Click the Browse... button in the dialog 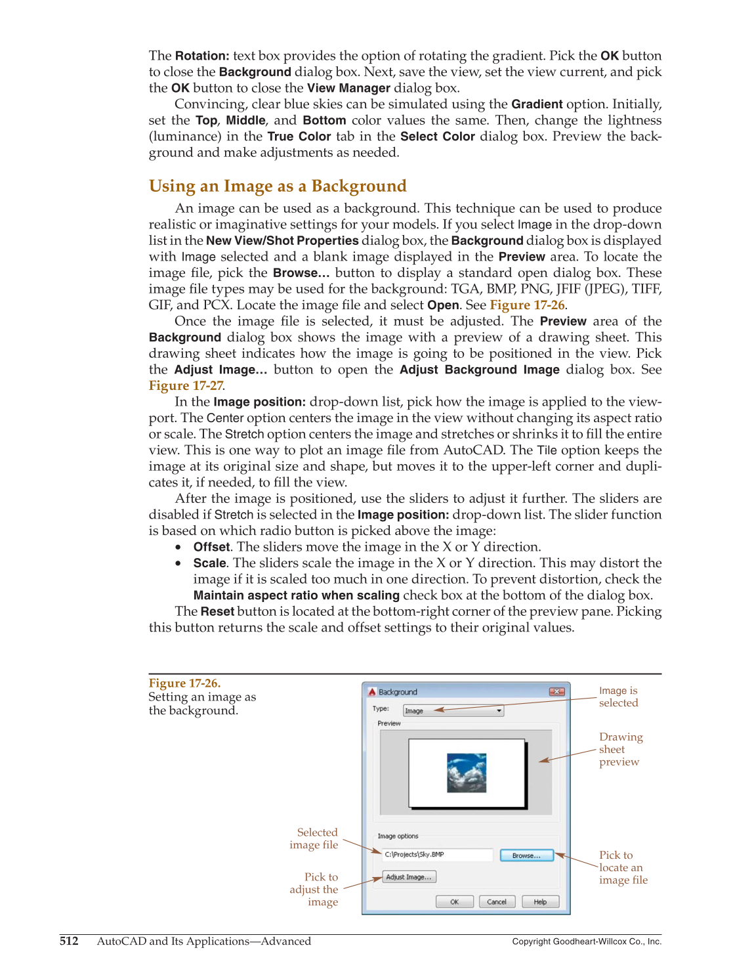click(x=526, y=855)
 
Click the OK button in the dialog click(x=454, y=901)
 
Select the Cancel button click(x=497, y=901)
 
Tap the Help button click(x=540, y=901)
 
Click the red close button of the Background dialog click(x=556, y=691)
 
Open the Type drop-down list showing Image click(x=453, y=710)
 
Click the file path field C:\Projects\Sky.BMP click(x=437, y=855)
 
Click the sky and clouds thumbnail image click(x=467, y=773)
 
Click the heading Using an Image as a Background click(x=278, y=186)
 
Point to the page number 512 click(x=69, y=941)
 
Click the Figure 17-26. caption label click(x=184, y=683)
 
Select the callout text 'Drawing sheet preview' click(x=620, y=749)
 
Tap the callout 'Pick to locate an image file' click(x=622, y=867)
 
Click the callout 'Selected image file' click(x=315, y=838)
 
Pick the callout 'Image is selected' click(x=618, y=697)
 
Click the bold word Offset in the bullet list click(x=211, y=547)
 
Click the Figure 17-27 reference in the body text click(x=186, y=385)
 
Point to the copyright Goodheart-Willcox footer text click(x=586, y=941)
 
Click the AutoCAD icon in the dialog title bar click(x=372, y=692)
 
